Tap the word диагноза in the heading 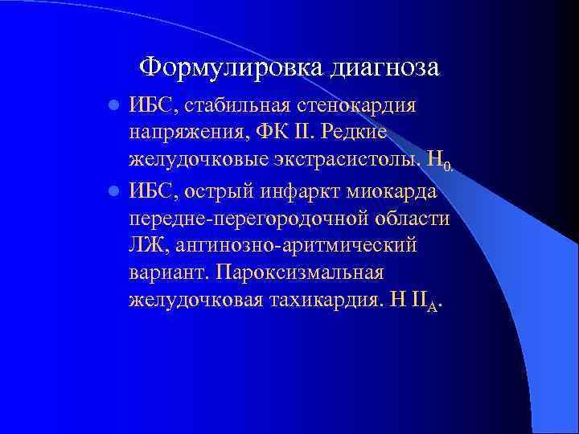tap(384, 67)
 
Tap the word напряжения tap(179, 133)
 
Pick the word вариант tap(168, 273)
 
